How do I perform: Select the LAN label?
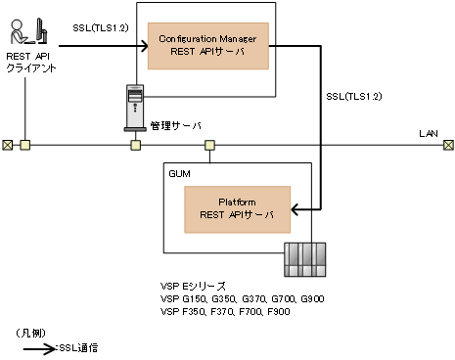[x=429, y=130]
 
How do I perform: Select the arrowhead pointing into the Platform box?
[x=314, y=207]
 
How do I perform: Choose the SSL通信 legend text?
[x=80, y=347]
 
